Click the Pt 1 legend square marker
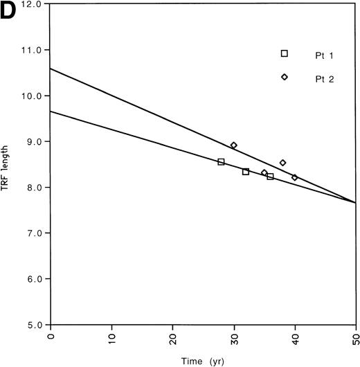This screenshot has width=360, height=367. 285,53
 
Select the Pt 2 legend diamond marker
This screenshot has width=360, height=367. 285,77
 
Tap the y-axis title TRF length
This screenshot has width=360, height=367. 12,163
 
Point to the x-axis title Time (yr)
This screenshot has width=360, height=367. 204,361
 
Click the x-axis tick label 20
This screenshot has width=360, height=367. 173,339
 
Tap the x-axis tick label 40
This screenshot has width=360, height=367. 295,339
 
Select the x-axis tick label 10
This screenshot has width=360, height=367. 112,339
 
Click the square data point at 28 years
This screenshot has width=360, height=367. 221,162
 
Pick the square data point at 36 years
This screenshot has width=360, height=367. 270,177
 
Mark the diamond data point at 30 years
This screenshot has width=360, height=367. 233,145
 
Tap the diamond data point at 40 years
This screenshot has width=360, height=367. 294,177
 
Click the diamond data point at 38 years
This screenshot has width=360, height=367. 282,163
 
